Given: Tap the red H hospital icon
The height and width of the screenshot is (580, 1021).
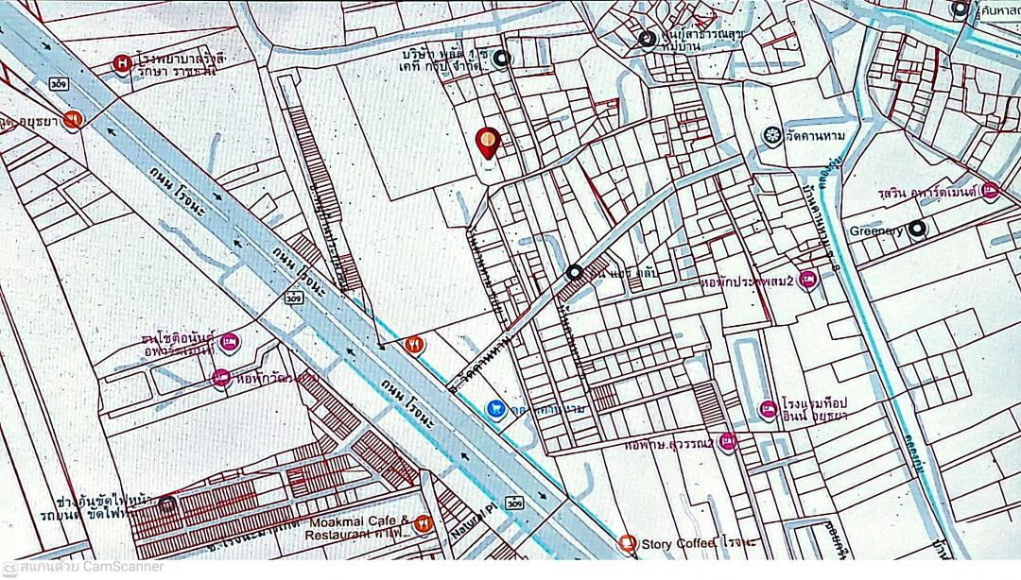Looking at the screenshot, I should coord(122,64).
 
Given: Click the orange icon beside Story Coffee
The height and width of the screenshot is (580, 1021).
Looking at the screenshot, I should coord(626,543).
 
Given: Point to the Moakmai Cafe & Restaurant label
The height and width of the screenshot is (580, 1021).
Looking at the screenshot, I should coord(356,527).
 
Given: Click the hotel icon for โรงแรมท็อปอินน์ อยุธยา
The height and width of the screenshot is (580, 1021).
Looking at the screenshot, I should coord(768,410).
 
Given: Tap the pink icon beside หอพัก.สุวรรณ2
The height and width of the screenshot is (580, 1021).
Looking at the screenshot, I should coord(726,441).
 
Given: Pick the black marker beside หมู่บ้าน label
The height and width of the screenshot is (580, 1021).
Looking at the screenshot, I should coord(647,39).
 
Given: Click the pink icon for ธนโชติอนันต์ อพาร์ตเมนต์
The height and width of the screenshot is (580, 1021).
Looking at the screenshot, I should coord(233,342).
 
